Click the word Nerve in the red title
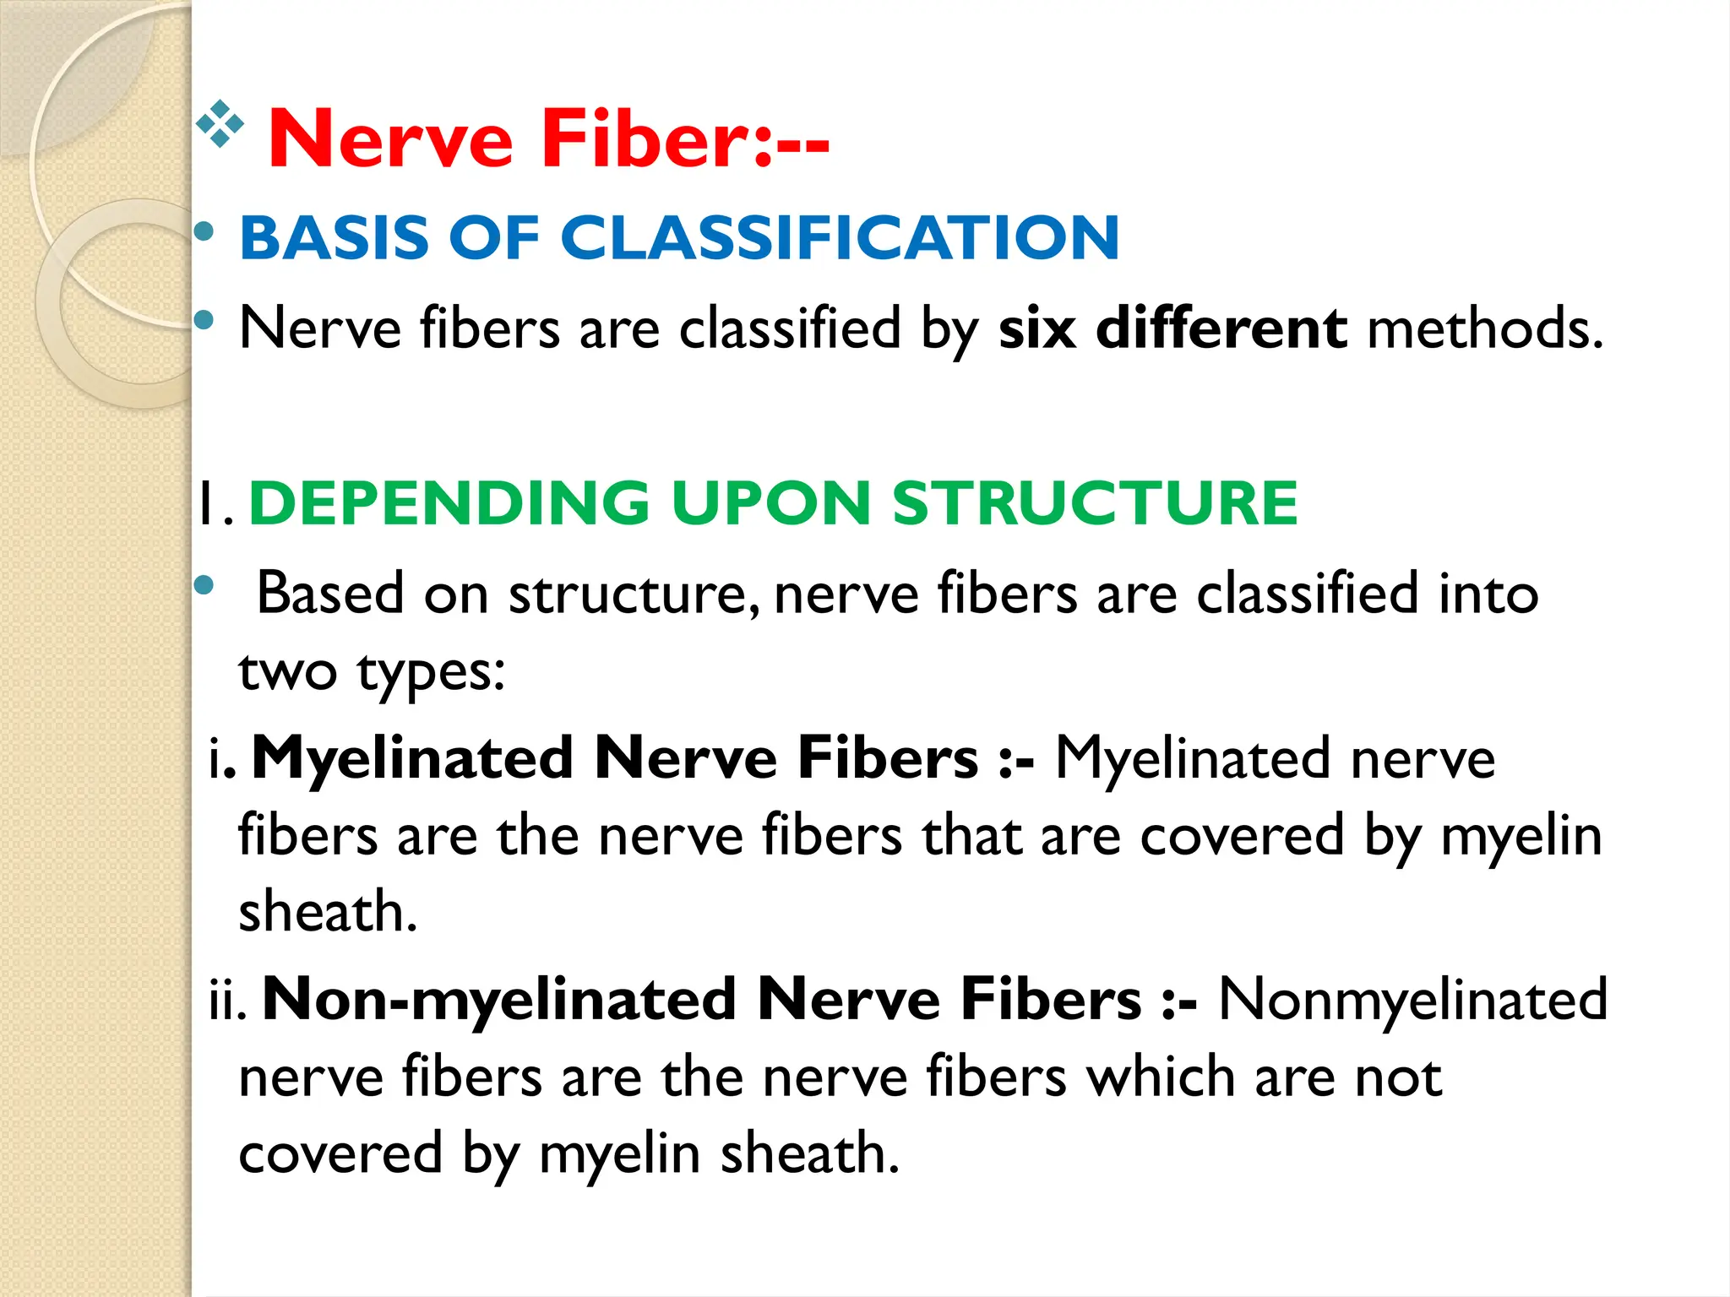(x=390, y=138)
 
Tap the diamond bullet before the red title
(x=220, y=124)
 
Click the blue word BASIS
(x=335, y=237)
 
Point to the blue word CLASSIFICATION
(x=840, y=237)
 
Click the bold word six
(x=1037, y=328)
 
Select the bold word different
(x=1221, y=328)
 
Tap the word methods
(x=1484, y=328)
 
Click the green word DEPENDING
(x=449, y=503)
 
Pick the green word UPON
(x=771, y=503)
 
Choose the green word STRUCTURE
(x=1095, y=503)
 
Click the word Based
(x=330, y=594)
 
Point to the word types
(x=431, y=673)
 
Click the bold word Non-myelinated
(x=499, y=1000)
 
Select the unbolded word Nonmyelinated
(x=1412, y=1000)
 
